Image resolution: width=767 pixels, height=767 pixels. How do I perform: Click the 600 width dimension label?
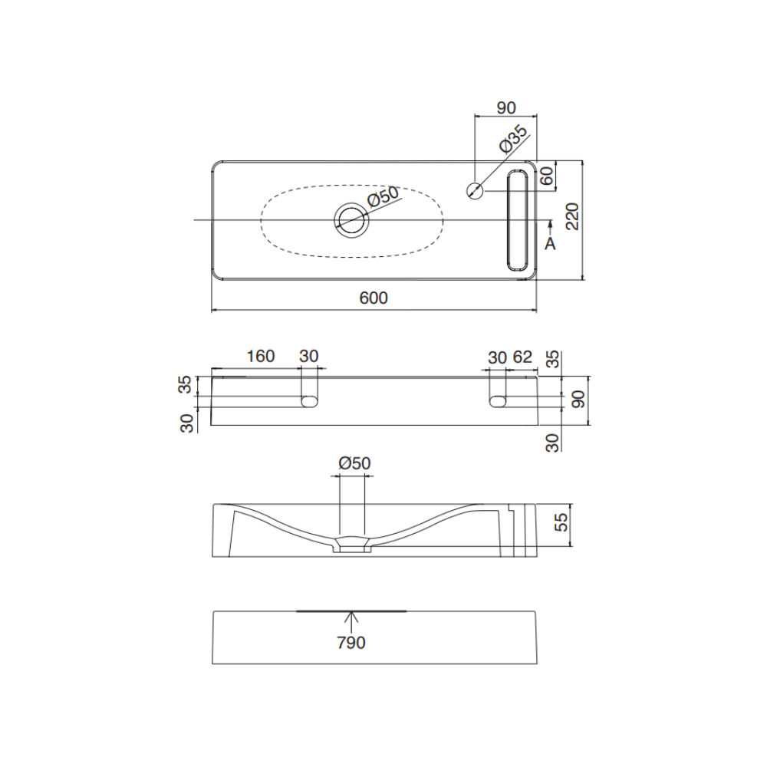tap(374, 298)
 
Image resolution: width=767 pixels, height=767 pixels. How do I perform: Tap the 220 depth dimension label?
tap(572, 216)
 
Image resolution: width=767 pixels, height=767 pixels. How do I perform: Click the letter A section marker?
tap(550, 243)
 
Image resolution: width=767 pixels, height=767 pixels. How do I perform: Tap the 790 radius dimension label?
tap(351, 642)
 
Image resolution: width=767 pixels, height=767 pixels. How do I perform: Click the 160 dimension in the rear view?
tap(260, 356)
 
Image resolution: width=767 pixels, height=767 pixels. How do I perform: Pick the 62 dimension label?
tap(522, 357)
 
